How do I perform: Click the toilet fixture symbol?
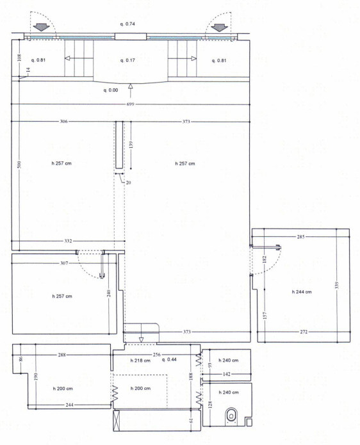point(232,416)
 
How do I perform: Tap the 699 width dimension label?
point(130,104)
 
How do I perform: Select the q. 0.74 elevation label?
point(127,24)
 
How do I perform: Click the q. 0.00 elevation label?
point(111,90)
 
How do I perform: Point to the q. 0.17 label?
point(127,60)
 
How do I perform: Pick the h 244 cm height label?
point(302,292)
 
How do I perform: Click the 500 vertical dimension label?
point(19,165)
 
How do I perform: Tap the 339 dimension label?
point(337,285)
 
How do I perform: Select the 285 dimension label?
point(300,237)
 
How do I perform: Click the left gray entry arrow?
point(42,28)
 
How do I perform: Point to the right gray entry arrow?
point(220,28)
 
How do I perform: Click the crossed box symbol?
point(117,420)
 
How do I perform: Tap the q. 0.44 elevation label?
point(169,359)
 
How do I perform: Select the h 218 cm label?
point(140,360)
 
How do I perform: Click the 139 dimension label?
point(131,145)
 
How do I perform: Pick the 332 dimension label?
point(68,241)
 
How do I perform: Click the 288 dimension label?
point(62,355)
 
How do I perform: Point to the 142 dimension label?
point(227,374)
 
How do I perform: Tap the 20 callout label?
point(128,182)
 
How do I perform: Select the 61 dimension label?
point(191,420)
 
